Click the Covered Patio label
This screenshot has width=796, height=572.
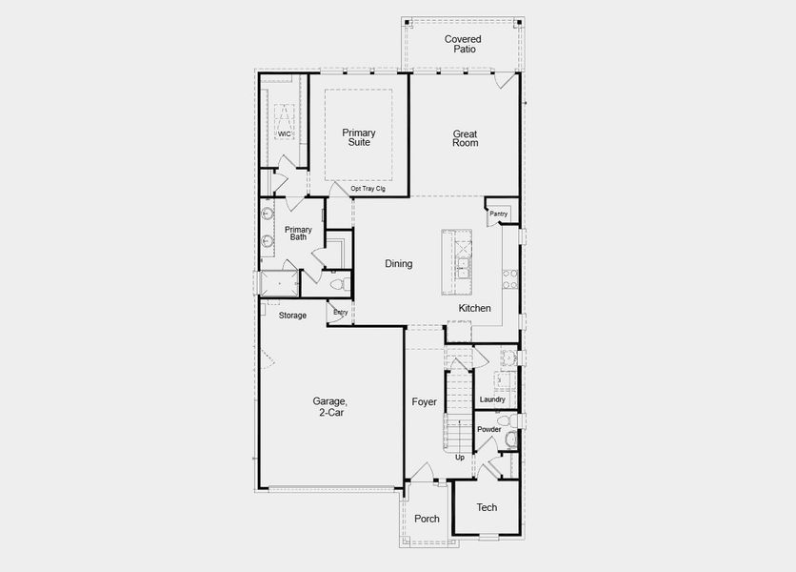point(463,44)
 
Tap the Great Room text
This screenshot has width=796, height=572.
point(465,138)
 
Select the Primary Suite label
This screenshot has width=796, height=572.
point(359,137)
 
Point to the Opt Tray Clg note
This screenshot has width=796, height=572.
point(368,189)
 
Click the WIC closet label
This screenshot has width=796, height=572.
point(284,133)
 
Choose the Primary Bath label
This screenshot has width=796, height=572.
point(298,233)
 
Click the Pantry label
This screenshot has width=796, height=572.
point(498,214)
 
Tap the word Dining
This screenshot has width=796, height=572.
point(398,264)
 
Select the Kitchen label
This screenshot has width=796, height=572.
point(475,309)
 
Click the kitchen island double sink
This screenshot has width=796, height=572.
point(464,264)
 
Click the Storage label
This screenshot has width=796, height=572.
point(292,316)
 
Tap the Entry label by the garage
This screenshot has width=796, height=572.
point(340,313)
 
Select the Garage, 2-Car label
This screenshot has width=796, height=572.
point(329,407)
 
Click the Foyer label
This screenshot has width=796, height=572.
point(424,402)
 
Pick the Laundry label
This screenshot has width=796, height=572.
point(492,399)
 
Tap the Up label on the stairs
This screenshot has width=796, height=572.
point(460,458)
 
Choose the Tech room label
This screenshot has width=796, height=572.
point(487,508)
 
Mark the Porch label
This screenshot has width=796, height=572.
point(427,520)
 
